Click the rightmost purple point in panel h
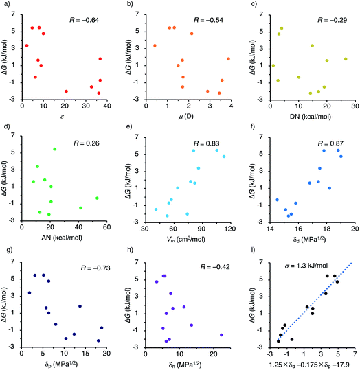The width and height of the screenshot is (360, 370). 221,335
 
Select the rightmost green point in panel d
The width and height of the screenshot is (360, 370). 97,198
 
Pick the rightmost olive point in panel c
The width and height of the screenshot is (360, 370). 346,58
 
